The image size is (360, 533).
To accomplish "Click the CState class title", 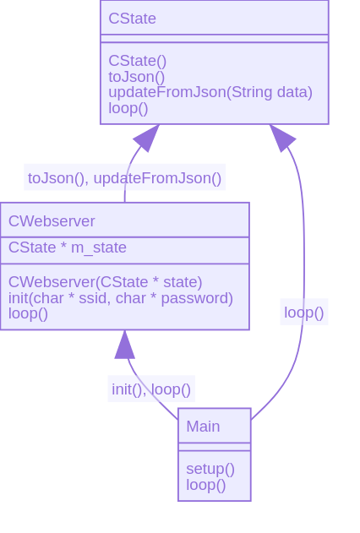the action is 132,19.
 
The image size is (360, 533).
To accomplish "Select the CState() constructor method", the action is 138,61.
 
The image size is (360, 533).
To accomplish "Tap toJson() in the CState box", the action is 137,77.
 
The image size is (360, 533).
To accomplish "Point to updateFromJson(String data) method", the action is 210,92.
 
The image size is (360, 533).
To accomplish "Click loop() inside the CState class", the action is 128,108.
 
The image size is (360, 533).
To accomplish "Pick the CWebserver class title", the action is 52,221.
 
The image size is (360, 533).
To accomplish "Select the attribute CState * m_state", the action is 68,247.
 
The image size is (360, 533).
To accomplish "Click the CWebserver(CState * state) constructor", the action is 106,282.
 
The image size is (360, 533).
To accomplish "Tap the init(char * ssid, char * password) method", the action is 121,298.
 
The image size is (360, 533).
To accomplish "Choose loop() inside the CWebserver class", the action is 28,313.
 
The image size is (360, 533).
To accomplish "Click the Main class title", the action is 203,427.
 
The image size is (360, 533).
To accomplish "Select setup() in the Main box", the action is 210,469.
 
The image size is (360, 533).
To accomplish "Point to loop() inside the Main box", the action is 206,485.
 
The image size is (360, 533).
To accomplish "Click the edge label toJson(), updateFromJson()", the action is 125,178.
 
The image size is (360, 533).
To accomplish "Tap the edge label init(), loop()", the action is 151,389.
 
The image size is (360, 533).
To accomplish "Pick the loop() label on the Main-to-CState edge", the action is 304,313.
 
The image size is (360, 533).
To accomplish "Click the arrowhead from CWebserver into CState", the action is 147,138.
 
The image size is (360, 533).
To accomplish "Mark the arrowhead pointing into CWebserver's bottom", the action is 125,345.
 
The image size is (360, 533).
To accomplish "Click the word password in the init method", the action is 197,298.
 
